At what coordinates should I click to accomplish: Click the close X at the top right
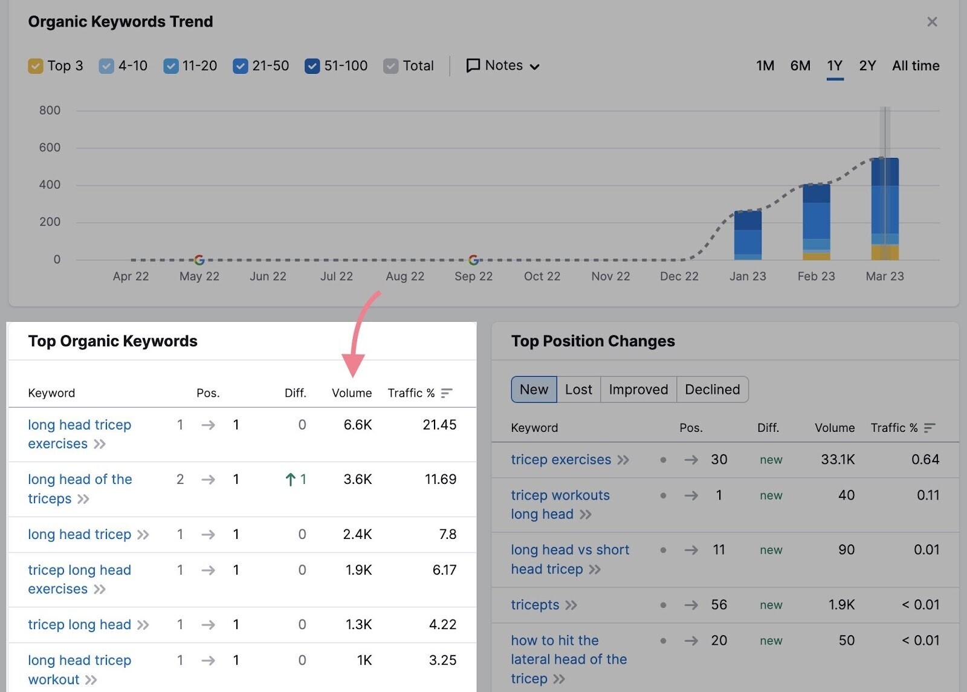(932, 22)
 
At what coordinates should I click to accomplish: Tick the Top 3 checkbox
(36, 66)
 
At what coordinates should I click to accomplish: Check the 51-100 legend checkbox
(312, 66)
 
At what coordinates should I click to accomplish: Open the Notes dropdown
(503, 65)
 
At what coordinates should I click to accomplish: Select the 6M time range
(800, 65)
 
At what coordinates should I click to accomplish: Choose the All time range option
(915, 65)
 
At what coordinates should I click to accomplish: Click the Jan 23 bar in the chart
(748, 235)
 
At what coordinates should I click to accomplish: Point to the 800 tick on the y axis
(50, 110)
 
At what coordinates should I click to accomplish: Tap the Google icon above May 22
(199, 260)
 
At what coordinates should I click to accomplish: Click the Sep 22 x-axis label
(473, 276)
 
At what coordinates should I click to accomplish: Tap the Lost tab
(578, 390)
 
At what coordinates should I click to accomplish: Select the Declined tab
(712, 390)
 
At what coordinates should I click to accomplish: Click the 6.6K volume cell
(357, 425)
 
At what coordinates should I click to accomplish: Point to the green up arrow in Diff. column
(291, 480)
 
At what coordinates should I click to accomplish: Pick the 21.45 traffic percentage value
(439, 425)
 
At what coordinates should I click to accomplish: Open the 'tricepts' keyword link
(535, 605)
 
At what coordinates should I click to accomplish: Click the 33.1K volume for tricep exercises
(837, 460)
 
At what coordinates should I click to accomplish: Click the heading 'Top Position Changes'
(593, 341)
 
